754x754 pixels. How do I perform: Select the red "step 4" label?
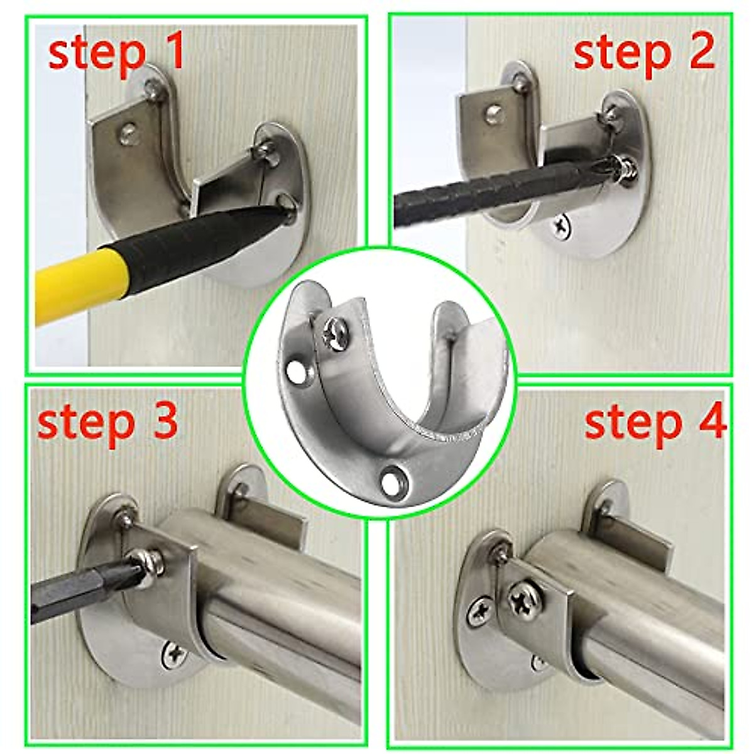(655, 422)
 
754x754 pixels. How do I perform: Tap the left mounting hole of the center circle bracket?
(296, 373)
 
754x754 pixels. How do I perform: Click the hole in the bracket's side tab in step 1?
(129, 133)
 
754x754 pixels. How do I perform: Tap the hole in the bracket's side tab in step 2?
(494, 114)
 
